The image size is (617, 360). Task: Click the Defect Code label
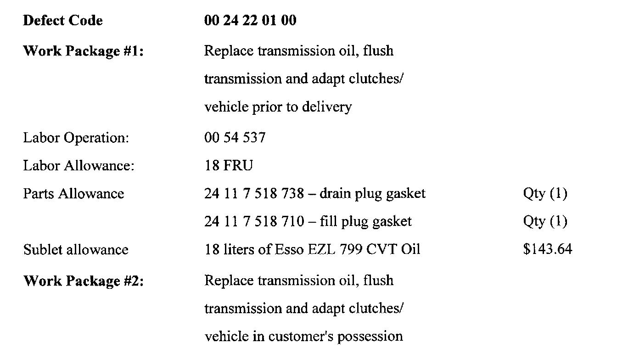point(63,21)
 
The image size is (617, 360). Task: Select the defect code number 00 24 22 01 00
point(250,21)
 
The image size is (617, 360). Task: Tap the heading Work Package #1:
point(83,51)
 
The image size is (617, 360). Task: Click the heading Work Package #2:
point(83,281)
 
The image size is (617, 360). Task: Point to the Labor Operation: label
point(76,138)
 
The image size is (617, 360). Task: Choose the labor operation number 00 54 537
point(235,138)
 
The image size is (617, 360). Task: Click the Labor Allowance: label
point(79,166)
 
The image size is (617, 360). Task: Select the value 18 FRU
point(228,166)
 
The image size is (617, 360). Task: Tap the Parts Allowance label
point(73,194)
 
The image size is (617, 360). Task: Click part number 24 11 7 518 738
point(254,194)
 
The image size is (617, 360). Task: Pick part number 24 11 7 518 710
point(254,222)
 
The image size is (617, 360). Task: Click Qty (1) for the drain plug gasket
point(545,194)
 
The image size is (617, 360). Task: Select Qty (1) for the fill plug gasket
point(545,222)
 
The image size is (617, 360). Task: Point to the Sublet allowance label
point(76,250)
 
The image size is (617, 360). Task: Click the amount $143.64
point(547,250)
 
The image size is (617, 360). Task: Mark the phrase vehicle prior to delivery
point(278,107)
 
